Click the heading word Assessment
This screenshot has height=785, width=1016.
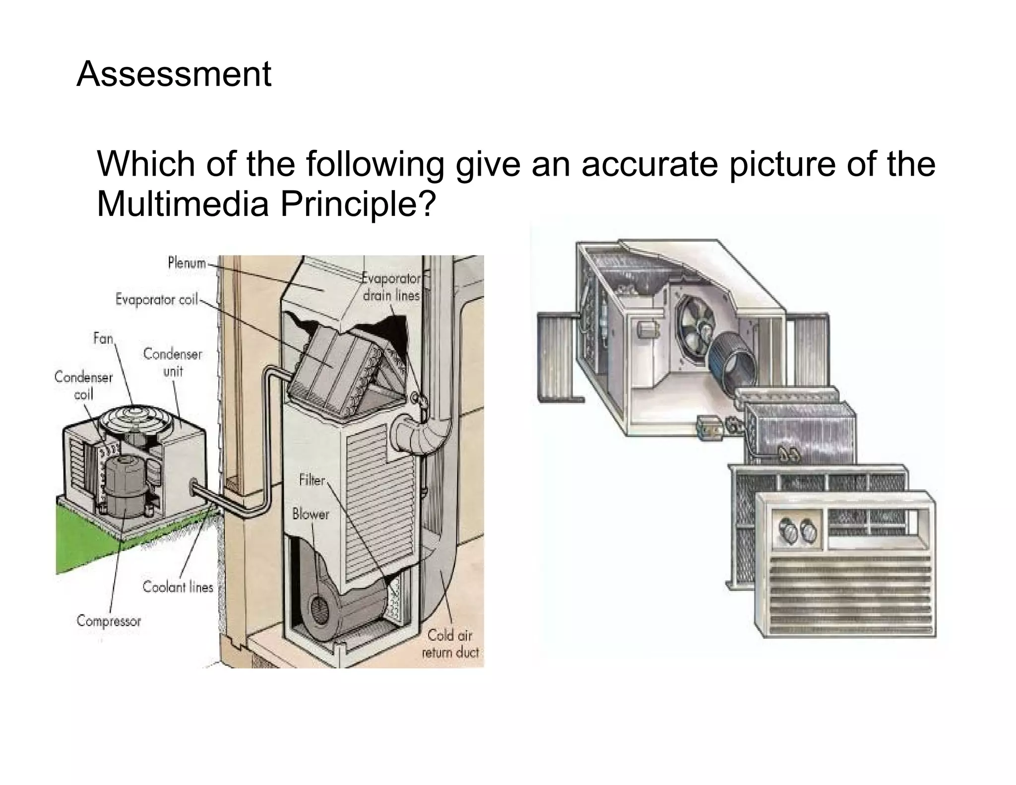point(174,74)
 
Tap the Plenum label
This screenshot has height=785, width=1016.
point(187,262)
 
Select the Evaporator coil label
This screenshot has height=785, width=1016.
point(156,300)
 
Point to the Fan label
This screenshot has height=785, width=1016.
point(103,338)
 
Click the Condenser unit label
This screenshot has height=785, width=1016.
point(173,362)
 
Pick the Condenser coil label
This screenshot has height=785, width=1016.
point(83,386)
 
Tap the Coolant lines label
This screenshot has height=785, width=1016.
point(178,587)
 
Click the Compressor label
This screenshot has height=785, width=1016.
point(109,621)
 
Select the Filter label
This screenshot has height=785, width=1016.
point(312,480)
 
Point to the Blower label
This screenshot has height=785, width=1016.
point(311,514)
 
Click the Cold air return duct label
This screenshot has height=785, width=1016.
point(450,643)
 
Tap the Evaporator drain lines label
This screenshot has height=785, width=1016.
point(391,287)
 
